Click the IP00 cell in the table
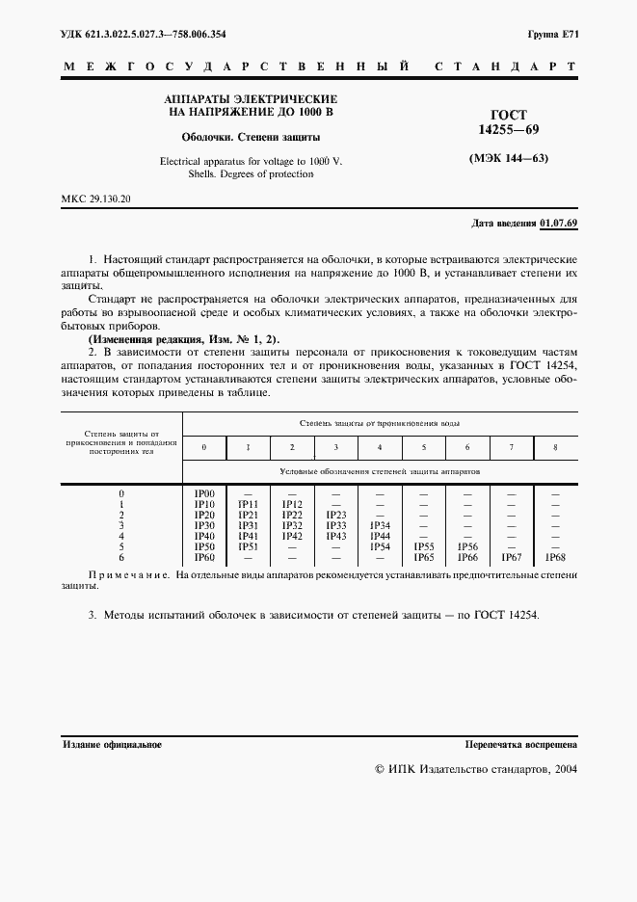pyautogui.click(x=204, y=493)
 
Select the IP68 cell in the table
pyautogui.click(x=555, y=557)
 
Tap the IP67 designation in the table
pyautogui.click(x=512, y=557)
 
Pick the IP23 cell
pyautogui.click(x=335, y=515)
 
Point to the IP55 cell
pyautogui.click(x=424, y=546)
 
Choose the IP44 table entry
pyautogui.click(x=380, y=536)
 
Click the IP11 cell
pyautogui.click(x=248, y=504)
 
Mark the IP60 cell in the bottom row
pyautogui.click(x=204, y=557)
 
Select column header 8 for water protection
pyautogui.click(x=555, y=447)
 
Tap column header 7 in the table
pyautogui.click(x=512, y=447)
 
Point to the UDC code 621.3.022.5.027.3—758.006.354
pyautogui.click(x=144, y=34)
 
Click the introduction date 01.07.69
pyautogui.click(x=559, y=223)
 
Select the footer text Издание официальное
pyautogui.click(x=112, y=745)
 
